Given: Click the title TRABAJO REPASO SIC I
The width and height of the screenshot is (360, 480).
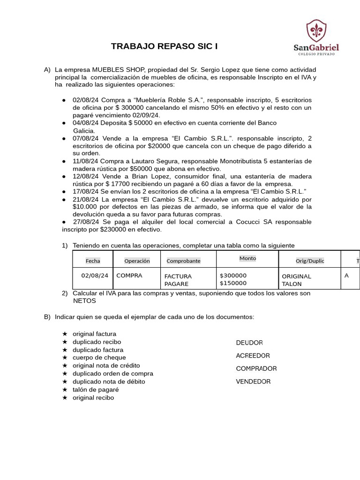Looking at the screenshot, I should tap(164, 46).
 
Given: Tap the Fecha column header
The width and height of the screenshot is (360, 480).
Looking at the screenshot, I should tap(93, 261).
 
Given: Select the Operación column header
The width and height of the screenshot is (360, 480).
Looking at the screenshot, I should tap(137, 261).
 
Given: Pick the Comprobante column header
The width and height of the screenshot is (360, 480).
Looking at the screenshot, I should tap(183, 261).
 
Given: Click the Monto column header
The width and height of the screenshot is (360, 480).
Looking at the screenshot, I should tap(247, 258).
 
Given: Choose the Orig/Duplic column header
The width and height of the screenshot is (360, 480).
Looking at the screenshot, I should tap(310, 261).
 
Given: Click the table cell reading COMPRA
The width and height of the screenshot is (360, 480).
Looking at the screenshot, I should tap(129, 276).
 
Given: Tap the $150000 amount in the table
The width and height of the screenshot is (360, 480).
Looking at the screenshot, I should tap(233, 283).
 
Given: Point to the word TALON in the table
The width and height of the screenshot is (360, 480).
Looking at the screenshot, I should tap(292, 284).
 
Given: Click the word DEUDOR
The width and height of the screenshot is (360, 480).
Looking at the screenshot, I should tap(249, 343).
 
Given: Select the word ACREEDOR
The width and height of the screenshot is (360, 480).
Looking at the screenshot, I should tap(253, 356).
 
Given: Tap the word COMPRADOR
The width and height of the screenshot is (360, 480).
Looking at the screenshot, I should tap(256, 368).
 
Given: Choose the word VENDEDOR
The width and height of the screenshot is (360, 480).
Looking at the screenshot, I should tap(253, 382).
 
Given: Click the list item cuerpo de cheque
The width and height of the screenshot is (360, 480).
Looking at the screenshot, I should tap(99, 358).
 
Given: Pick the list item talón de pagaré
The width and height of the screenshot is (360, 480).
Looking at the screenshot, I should tap(96, 390).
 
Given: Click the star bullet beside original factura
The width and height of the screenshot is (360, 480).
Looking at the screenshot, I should tap(65, 334).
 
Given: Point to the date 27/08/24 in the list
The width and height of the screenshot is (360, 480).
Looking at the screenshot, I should tap(86, 222).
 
